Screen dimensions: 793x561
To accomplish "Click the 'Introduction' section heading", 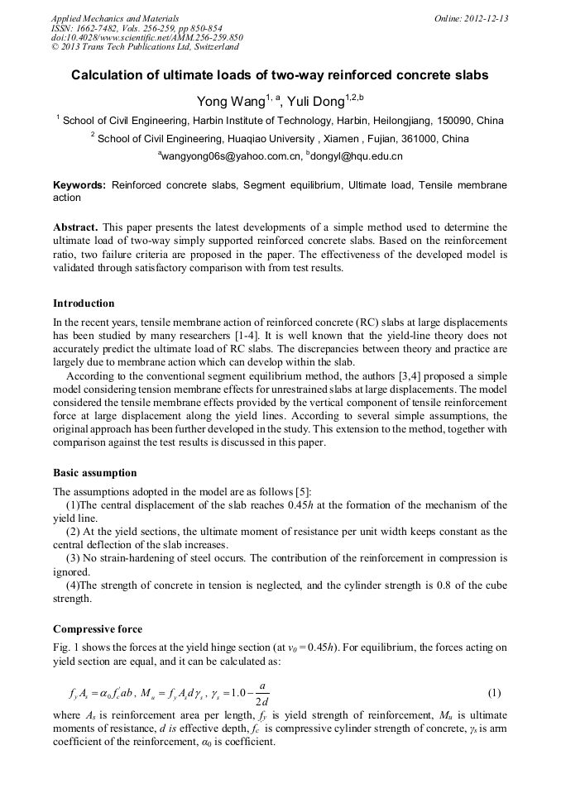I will click(84, 303).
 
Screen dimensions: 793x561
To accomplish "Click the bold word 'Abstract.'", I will click(76, 227).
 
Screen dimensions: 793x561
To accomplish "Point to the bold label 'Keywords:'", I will click(79, 186).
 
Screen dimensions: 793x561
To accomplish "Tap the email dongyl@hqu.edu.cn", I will click(357, 155).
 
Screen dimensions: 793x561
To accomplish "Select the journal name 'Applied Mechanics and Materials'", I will click(114, 18).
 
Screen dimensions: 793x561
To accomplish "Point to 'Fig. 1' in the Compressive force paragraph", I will click(66, 648).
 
